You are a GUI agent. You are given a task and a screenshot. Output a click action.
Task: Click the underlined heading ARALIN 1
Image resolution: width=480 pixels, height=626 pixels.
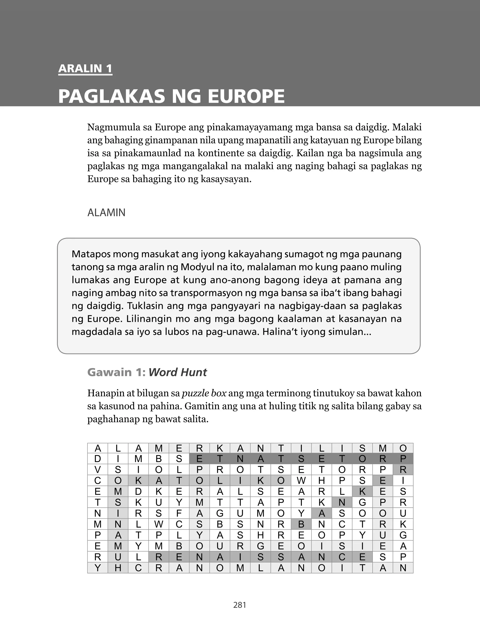[x=85, y=68]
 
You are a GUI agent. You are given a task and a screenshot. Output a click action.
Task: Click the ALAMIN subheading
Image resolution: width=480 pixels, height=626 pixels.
[x=106, y=213]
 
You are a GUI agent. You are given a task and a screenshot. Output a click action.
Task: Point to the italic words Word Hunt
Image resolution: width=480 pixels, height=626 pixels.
[x=177, y=372]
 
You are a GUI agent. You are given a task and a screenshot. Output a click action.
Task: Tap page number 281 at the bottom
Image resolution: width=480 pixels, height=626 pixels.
[x=240, y=605]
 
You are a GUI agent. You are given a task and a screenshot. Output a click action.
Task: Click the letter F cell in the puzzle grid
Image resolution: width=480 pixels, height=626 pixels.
[x=179, y=513]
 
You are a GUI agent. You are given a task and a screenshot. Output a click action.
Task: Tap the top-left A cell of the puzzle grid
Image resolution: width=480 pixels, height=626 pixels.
[x=98, y=448]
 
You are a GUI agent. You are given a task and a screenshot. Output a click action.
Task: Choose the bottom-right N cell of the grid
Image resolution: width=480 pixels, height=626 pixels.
[x=403, y=568]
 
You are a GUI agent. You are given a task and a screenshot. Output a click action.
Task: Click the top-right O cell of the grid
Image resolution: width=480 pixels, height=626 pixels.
[x=403, y=448]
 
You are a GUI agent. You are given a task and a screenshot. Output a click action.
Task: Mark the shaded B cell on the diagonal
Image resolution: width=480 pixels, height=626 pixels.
[x=301, y=524]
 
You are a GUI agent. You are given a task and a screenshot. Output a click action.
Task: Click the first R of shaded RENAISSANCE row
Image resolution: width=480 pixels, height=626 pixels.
[x=159, y=557]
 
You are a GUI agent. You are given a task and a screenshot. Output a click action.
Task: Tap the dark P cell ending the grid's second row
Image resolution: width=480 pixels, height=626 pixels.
[x=403, y=459]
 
